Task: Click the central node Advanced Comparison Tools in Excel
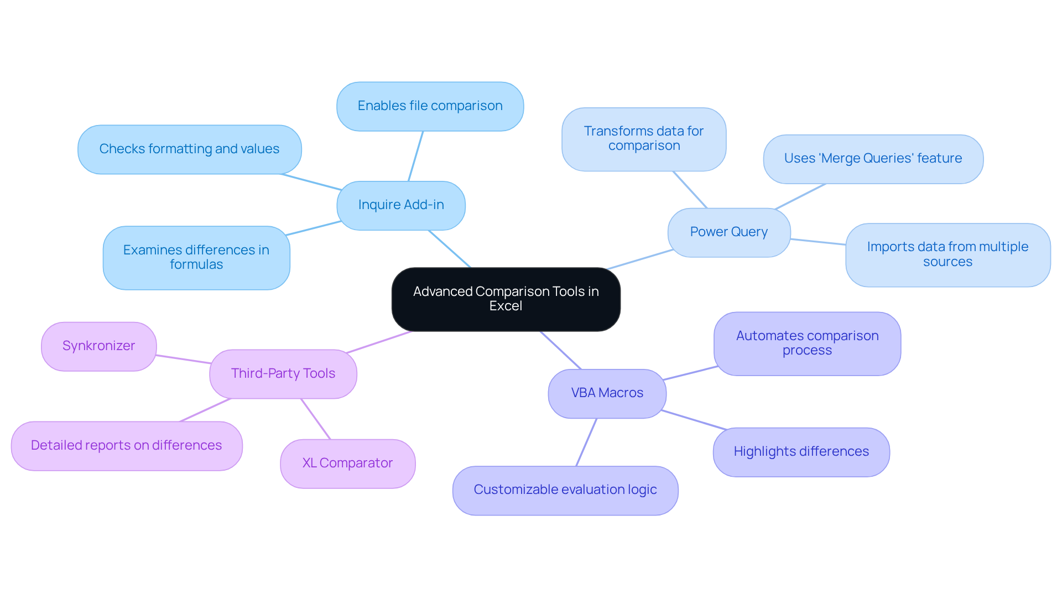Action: point(506,299)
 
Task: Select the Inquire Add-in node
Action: point(401,205)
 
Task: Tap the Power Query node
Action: point(728,232)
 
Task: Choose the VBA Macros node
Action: point(607,393)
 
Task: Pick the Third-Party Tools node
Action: point(283,374)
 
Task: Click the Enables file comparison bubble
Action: point(430,106)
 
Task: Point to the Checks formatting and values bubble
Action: point(189,149)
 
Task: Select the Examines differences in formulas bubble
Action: point(196,258)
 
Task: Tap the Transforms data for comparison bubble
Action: point(644,139)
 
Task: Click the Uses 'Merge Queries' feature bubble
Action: point(873,159)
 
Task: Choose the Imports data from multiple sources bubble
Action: point(948,254)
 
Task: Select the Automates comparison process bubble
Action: point(807,343)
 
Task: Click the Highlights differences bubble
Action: point(801,452)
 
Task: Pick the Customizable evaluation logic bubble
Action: point(565,490)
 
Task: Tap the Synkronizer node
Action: point(98,346)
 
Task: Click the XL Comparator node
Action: point(347,463)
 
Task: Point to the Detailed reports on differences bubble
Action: point(126,446)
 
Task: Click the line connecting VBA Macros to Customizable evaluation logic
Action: point(586,442)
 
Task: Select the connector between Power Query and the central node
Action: point(640,259)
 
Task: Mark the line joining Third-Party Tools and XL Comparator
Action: point(315,419)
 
